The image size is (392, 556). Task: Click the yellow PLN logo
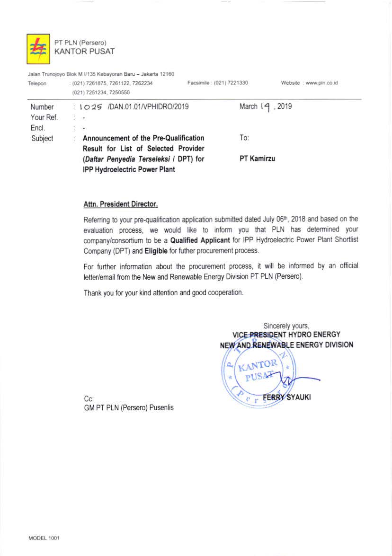(38, 49)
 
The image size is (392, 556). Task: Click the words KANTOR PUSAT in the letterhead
(84, 51)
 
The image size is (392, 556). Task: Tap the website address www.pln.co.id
(321, 83)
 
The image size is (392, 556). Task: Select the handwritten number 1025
(90, 107)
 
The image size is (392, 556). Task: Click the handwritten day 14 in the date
(265, 107)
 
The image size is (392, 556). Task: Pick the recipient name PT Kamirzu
(257, 159)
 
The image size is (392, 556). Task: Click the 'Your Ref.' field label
(44, 117)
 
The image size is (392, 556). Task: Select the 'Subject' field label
(42, 139)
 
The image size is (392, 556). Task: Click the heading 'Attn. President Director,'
(120, 204)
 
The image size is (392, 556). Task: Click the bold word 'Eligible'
(152, 250)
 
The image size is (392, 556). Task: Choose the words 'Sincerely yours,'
(286, 326)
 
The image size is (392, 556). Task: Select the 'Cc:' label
(89, 398)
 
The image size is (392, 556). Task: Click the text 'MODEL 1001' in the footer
(44, 538)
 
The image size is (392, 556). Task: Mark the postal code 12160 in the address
(165, 74)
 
